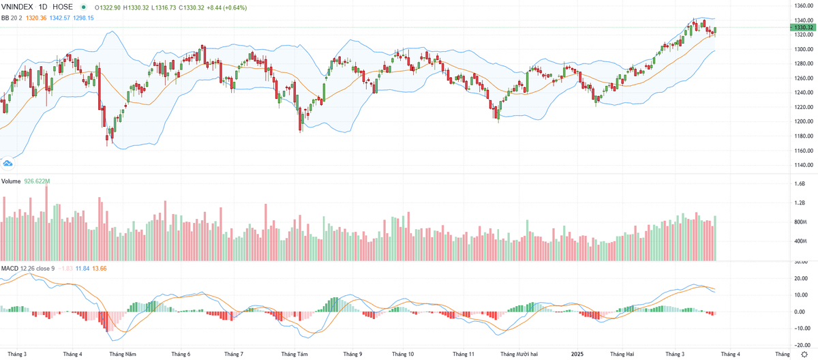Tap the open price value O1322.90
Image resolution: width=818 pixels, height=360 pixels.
(108, 7)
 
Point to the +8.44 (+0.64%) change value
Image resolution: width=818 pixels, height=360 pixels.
(246, 7)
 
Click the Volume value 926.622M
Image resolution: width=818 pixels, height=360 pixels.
(36, 181)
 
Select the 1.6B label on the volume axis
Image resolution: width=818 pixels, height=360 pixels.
(799, 184)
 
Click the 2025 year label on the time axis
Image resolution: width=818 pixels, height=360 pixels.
(577, 354)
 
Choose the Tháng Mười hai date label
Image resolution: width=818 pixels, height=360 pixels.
(520, 354)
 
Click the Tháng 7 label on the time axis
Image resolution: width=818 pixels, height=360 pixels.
(234, 354)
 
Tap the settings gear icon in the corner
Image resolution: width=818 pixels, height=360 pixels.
(804, 354)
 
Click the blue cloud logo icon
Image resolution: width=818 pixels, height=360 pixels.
(8, 162)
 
